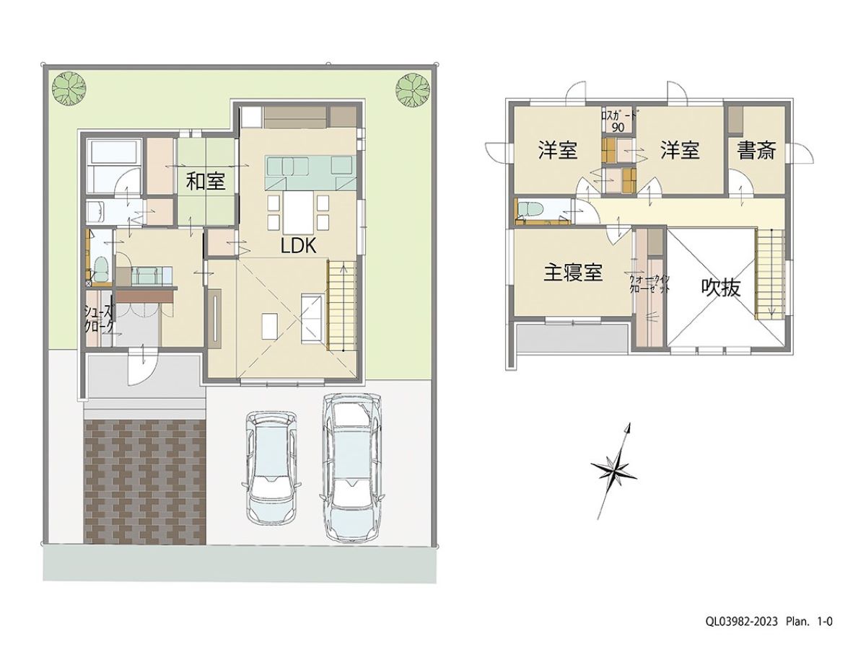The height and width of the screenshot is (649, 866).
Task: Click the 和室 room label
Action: tap(206, 181)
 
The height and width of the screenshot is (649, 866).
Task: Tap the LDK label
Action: tap(298, 246)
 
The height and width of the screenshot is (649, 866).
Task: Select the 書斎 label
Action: tap(756, 151)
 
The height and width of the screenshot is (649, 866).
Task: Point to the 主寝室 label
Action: tap(573, 273)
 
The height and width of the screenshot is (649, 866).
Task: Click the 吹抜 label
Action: tap(720, 288)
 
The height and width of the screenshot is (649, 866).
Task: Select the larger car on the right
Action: tap(352, 466)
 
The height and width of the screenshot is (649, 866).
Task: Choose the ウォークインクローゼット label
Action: tap(649, 283)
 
